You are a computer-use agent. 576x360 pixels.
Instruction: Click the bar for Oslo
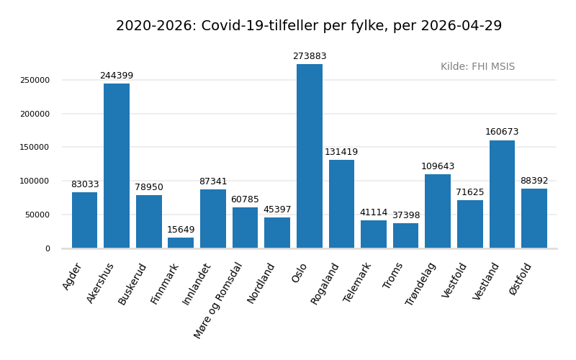310,156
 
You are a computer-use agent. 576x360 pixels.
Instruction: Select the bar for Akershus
117,166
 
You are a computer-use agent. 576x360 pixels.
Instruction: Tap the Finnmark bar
181,243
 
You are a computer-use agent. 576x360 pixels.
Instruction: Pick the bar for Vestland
502,194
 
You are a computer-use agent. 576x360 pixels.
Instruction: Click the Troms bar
405,235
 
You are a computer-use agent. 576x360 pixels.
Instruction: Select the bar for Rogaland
341,204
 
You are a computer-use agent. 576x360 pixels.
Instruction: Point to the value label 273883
310,57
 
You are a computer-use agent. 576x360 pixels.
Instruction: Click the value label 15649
181,230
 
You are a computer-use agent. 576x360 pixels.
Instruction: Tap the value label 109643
438,167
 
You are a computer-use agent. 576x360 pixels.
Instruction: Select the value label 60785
245,200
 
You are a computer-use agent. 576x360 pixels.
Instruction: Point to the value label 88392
534,181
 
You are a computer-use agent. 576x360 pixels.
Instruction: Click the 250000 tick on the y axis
35,81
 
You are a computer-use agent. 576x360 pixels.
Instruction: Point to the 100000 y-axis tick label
35,181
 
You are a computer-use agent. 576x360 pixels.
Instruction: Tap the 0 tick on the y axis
48,249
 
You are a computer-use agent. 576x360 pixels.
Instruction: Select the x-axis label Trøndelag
421,284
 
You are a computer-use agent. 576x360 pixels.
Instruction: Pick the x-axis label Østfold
521,279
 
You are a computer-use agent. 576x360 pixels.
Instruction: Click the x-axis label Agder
73,276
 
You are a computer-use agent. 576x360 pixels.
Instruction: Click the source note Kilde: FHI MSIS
477,67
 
